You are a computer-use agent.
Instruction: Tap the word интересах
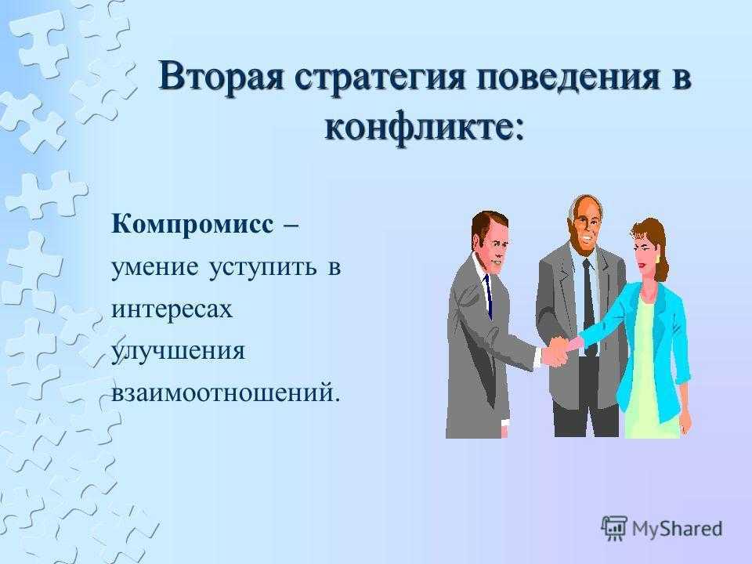click(x=172, y=309)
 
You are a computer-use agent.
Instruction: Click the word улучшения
click(x=179, y=352)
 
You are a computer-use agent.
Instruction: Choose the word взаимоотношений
click(x=222, y=392)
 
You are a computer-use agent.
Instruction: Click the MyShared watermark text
click(x=677, y=528)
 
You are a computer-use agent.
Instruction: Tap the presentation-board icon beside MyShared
click(x=614, y=528)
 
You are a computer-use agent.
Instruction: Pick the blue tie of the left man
click(x=489, y=296)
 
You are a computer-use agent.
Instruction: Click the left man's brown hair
click(x=485, y=223)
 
